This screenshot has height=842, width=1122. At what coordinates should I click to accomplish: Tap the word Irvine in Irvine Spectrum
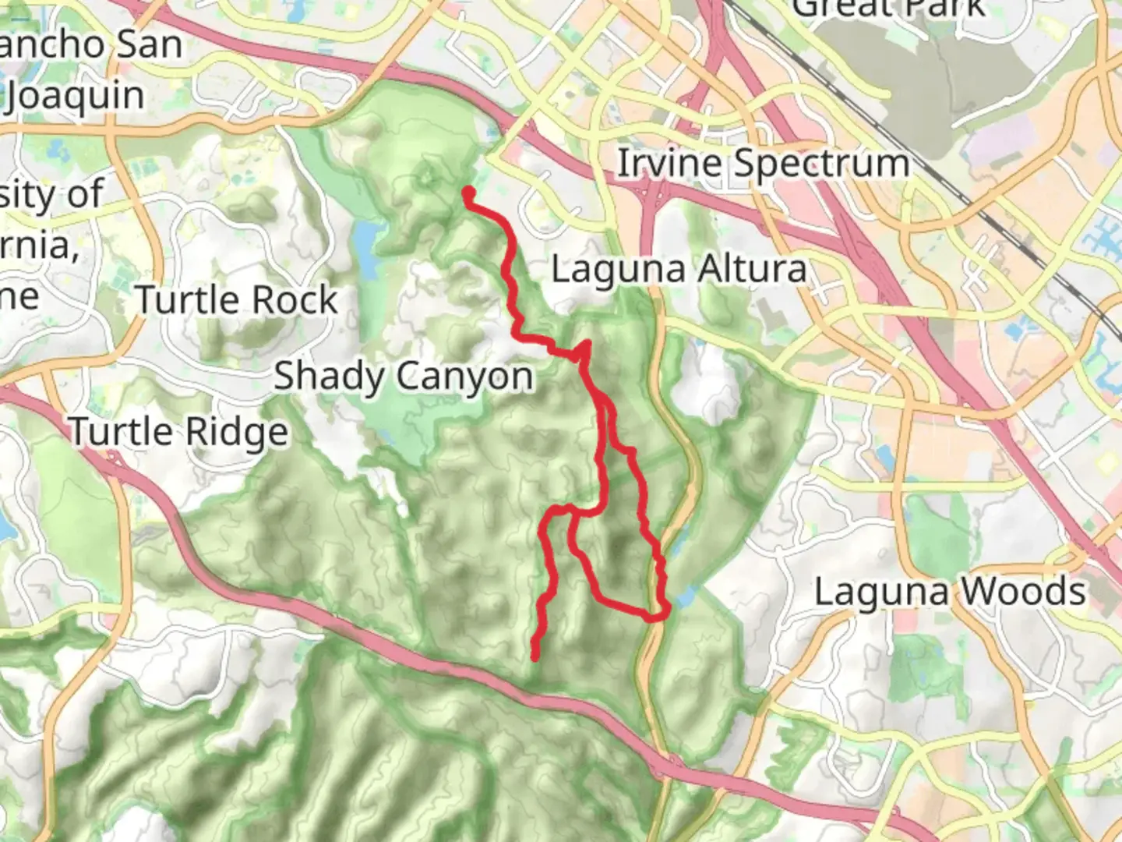[x=670, y=165]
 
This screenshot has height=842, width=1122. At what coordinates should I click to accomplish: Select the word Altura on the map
[x=751, y=270]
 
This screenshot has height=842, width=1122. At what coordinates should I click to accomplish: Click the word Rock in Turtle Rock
[x=301, y=300]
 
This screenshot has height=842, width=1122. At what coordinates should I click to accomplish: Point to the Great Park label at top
[x=888, y=8]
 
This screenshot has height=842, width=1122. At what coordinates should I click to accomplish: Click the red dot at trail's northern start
[x=469, y=192]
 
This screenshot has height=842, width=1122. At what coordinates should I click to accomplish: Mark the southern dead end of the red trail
[x=535, y=656]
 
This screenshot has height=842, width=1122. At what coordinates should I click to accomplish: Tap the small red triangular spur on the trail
[x=582, y=350]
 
